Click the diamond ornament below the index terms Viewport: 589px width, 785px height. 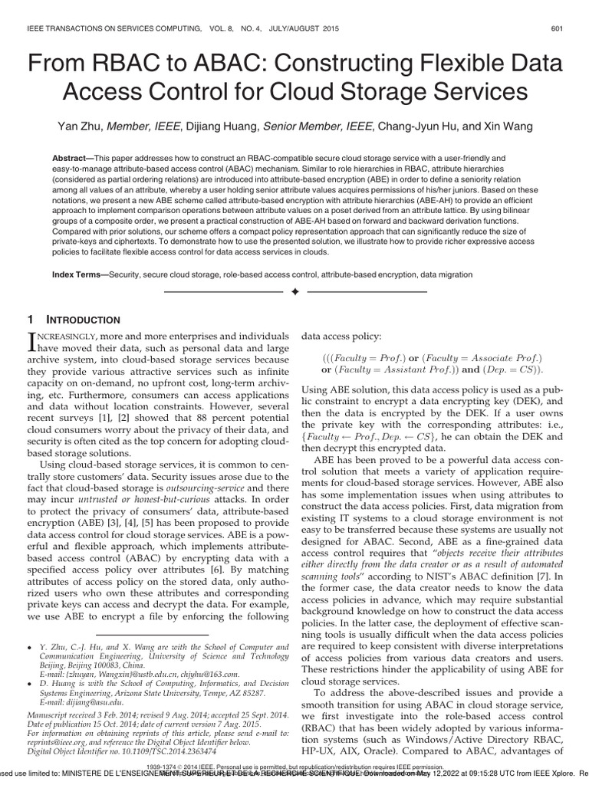294,293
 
